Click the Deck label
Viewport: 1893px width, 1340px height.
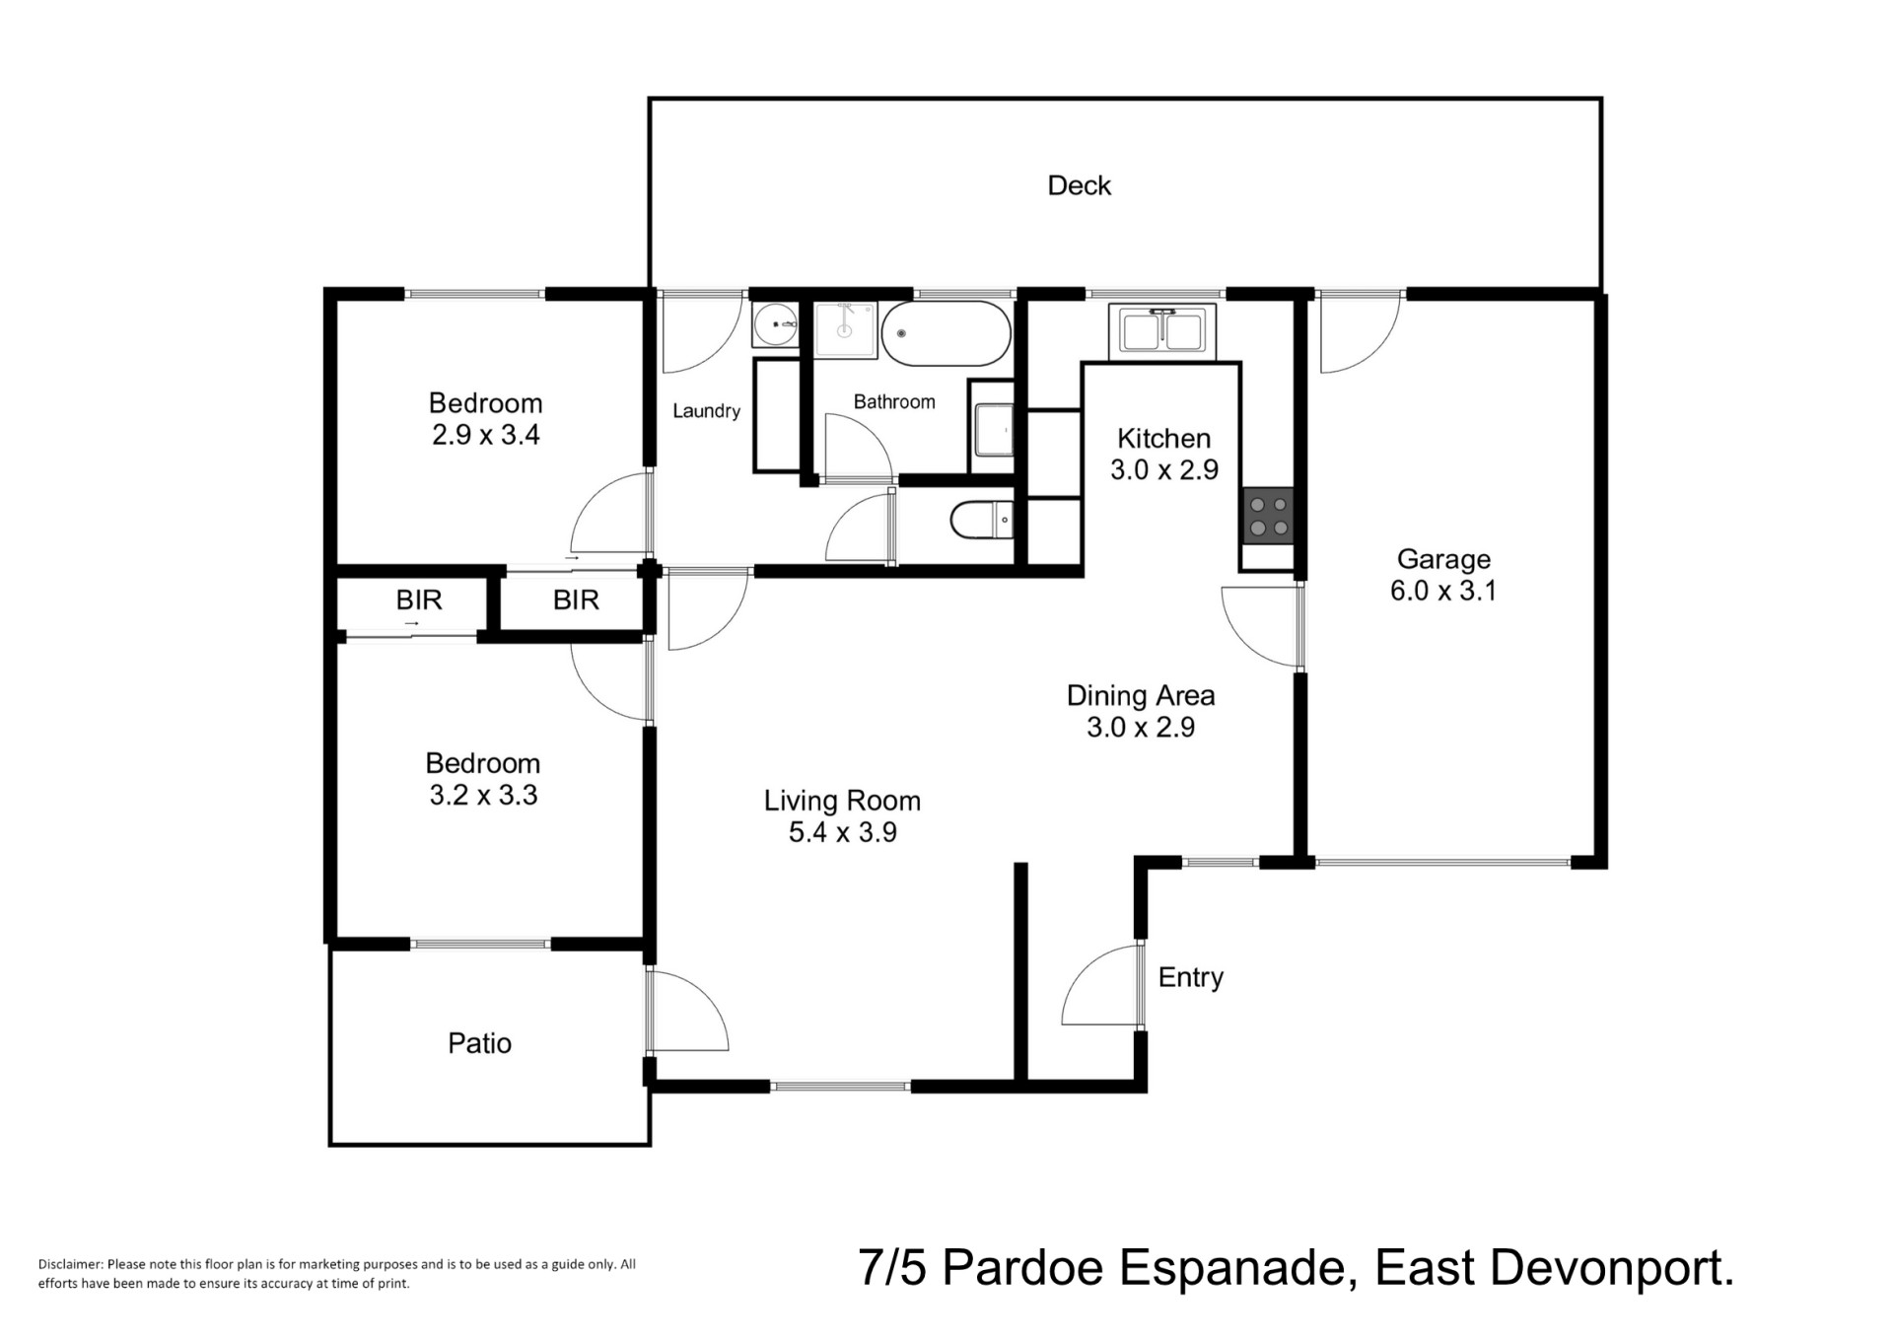pos(1079,185)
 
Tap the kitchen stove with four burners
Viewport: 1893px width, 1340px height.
pos(1268,517)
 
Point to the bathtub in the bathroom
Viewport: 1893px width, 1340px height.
pos(946,333)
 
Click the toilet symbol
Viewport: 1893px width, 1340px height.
pos(982,520)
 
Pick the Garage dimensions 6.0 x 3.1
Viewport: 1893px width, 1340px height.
pos(1443,591)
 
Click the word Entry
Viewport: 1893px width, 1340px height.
pos(1191,977)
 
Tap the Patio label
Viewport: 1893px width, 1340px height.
pos(479,1043)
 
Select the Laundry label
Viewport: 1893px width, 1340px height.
pos(706,411)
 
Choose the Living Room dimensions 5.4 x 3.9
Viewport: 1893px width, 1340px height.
pos(842,832)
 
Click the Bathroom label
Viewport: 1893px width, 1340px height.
pos(894,401)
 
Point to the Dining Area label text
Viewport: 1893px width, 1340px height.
pos(1141,695)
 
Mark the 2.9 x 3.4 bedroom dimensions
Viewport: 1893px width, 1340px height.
pos(485,435)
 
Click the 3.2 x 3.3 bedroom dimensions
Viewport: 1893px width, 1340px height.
pos(483,795)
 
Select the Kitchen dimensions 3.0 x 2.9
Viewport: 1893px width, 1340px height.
pos(1164,470)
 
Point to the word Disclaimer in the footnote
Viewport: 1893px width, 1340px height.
pos(70,1264)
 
